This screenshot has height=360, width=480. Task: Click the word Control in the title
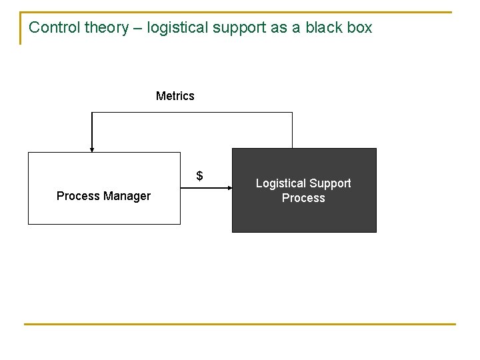point(55,27)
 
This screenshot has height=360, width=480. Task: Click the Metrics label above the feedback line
point(175,96)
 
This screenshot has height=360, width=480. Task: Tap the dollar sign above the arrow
point(199,177)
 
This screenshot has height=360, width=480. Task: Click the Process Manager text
point(103,196)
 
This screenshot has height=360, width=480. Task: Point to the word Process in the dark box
point(303,198)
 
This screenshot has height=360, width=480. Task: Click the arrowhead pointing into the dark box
point(228,189)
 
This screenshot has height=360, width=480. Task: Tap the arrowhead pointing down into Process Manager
point(92,149)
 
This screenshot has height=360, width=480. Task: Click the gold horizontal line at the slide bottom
point(240,324)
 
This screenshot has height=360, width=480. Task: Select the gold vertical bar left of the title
point(21,29)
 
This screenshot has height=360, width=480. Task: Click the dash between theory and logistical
point(138,28)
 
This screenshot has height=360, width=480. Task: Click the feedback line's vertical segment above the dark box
point(292,130)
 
